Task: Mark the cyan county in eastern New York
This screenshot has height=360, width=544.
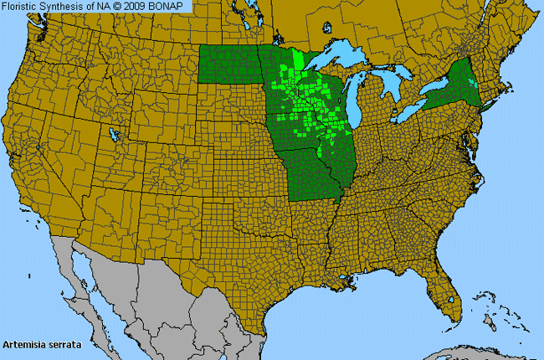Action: coord(474,82)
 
